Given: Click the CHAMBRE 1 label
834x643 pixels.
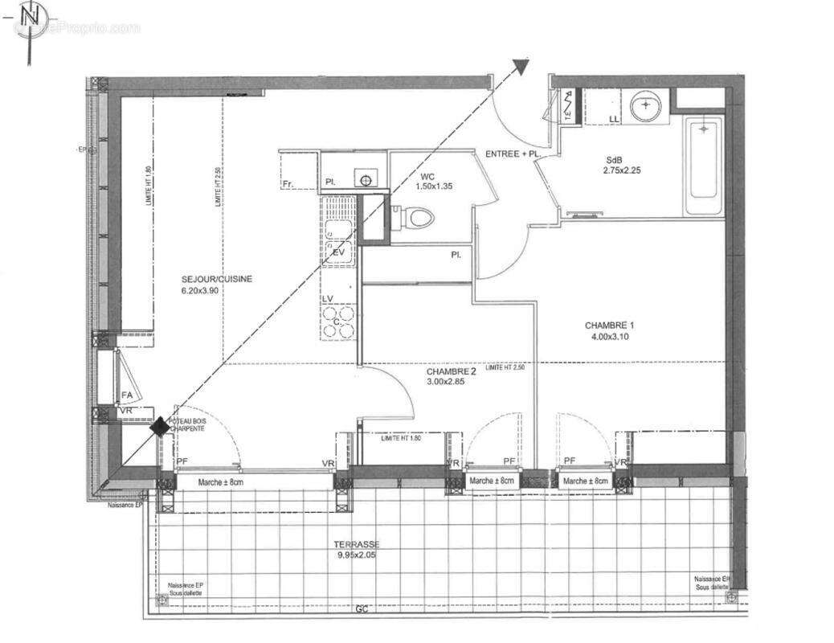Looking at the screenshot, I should coord(609,326).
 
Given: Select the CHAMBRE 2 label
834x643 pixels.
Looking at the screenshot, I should coord(452,372).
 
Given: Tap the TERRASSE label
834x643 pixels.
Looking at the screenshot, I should coord(357,544).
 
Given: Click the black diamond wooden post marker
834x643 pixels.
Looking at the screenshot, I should coord(161,427).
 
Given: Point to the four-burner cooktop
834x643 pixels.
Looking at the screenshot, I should coord(339,321).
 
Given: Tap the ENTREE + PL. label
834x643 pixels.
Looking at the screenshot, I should coord(510,154).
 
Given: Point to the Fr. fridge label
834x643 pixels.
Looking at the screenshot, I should coord(288,185).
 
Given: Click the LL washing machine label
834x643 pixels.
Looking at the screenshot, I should coord(615,120).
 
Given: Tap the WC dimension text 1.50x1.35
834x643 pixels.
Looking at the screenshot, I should coord(435,186).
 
